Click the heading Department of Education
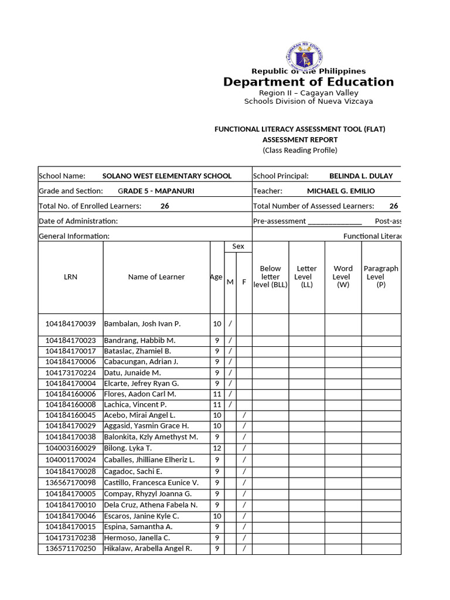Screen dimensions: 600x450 coord(308,82)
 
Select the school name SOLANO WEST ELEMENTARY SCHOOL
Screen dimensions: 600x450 coord(166,176)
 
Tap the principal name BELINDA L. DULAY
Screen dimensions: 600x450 coord(361,176)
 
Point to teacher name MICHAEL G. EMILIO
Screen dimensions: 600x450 coord(340,191)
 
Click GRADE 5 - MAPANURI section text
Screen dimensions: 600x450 coord(156,191)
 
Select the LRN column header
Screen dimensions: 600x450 coord(70,277)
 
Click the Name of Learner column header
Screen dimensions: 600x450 coord(156,277)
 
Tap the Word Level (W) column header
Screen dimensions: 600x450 coord(342,277)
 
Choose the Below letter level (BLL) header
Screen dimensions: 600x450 coord(270,277)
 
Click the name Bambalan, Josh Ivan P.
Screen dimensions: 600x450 coord(142,323)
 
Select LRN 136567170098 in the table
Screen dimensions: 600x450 coord(70,483)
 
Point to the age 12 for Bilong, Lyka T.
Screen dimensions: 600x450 coord(217,448)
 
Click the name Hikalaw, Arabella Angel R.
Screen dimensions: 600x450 coord(148,549)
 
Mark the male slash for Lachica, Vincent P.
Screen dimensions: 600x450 coord(230,405)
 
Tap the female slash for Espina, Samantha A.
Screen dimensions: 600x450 coord(244,527)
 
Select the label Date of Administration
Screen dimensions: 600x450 coord(78,221)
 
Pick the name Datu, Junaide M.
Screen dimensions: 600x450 coord(132,373)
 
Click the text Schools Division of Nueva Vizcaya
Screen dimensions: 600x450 coord(308,101)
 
